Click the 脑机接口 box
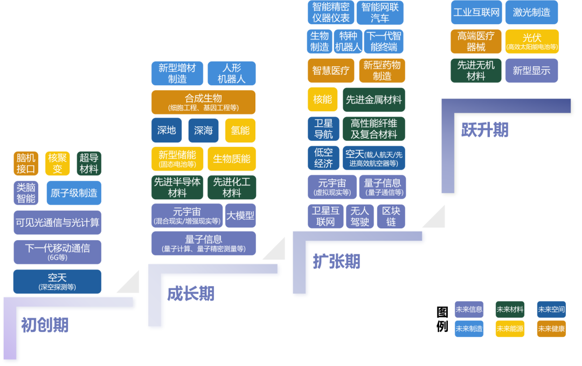(26, 164)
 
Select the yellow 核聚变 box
(57, 164)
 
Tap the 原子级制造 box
(74, 193)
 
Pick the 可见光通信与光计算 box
(57, 222)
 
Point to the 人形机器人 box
(231, 73)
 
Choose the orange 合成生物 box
(203, 101)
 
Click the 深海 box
(203, 131)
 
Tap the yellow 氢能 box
(240, 131)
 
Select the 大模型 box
(240, 215)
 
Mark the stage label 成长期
(190, 294)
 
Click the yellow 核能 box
(322, 99)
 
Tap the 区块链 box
(391, 216)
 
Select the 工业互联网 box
(476, 12)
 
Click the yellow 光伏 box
(532, 41)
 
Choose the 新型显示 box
(531, 71)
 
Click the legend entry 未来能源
(510, 328)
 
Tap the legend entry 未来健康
(551, 328)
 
